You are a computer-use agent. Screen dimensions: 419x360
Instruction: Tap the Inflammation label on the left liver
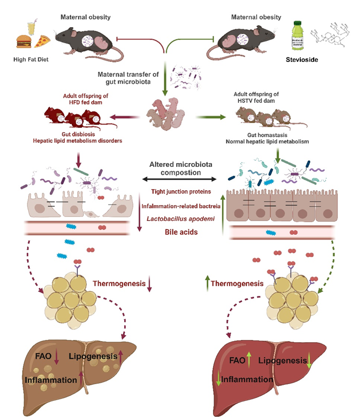pyautogui.click(x=51, y=380)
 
